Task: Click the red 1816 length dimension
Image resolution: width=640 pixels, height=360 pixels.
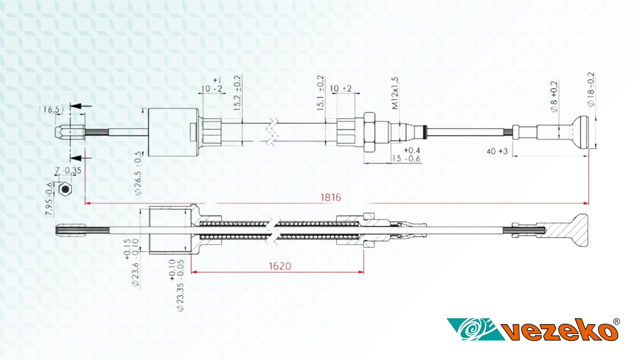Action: [x=330, y=197]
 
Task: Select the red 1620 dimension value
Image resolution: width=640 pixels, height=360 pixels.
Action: [x=280, y=266]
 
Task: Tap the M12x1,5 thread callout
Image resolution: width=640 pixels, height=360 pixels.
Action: [x=395, y=93]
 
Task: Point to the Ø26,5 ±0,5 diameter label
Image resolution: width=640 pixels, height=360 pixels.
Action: [x=138, y=173]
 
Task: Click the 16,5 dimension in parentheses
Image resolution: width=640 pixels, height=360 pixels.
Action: [x=52, y=109]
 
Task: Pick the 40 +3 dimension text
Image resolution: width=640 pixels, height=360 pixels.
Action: [x=497, y=151]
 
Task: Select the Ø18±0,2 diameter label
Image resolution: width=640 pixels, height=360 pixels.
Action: [x=591, y=89]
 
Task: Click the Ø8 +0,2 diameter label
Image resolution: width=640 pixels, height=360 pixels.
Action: [x=554, y=96]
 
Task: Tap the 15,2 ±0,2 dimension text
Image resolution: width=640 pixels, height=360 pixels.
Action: [x=237, y=93]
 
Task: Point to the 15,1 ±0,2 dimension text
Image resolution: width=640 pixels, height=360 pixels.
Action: [x=320, y=93]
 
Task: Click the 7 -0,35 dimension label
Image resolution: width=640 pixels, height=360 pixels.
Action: [x=68, y=170]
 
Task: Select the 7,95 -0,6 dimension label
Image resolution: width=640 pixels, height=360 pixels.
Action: [x=49, y=199]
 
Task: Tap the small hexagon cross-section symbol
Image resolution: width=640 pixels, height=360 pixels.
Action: [x=65, y=189]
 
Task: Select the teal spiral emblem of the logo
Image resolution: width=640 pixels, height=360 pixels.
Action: [x=474, y=329]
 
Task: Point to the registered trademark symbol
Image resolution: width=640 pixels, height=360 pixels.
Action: [x=616, y=322]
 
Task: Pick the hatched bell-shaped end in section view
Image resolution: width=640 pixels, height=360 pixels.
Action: [x=576, y=231]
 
